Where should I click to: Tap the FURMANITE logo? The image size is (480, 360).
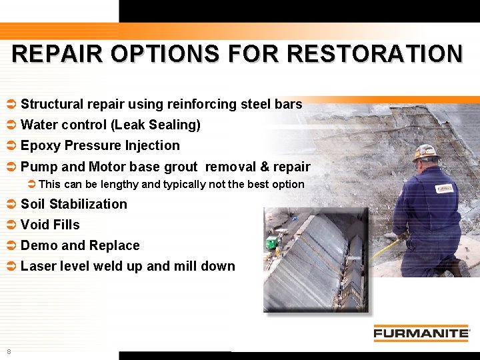click(421, 333)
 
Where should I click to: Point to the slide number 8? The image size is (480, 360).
click(9, 351)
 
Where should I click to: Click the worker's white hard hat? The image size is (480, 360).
click(425, 152)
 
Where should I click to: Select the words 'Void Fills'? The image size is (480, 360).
click(50, 225)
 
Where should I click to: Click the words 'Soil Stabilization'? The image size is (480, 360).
click(73, 204)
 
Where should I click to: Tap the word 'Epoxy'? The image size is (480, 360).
click(39, 145)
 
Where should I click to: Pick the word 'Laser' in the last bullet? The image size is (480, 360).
click(38, 266)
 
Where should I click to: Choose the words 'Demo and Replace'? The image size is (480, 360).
click(80, 245)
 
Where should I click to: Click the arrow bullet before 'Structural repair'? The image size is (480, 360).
click(11, 105)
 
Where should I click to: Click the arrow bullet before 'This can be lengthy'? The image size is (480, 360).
click(31, 184)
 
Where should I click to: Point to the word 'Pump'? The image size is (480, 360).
click(39, 167)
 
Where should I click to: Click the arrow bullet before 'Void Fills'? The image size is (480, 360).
click(11, 225)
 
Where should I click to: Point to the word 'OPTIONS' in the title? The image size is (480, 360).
click(164, 54)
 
